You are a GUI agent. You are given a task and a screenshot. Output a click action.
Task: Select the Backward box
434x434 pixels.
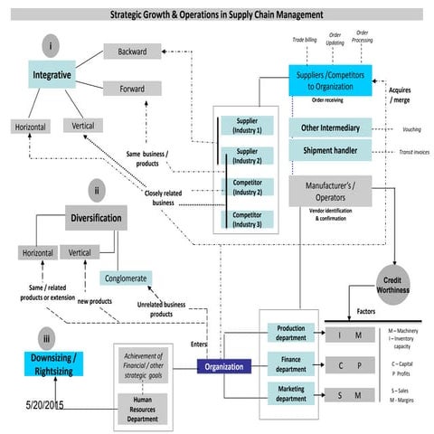coord(131,52)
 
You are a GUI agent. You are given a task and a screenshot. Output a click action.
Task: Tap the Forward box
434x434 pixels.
coord(131,89)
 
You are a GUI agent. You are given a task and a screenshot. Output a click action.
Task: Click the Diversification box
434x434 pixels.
coord(95,218)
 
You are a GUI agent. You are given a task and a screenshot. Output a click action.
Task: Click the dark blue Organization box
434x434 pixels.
coord(222,367)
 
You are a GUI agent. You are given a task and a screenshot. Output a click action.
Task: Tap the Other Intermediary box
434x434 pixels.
coord(329,127)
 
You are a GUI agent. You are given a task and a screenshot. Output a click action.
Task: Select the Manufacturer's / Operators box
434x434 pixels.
coord(329,190)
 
